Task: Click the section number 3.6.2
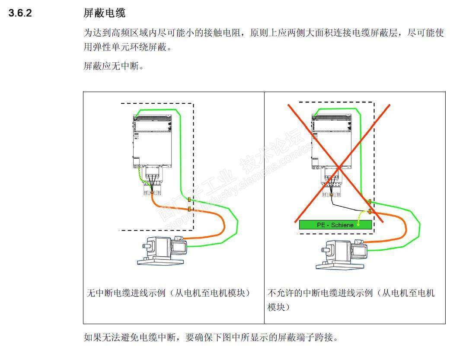(x=21, y=13)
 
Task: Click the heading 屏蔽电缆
(x=104, y=13)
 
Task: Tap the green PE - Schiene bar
(x=335, y=225)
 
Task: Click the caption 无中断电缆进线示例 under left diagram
(x=169, y=293)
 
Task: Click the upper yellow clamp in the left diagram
(x=189, y=200)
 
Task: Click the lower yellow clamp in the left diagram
(x=189, y=210)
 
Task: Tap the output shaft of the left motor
(x=145, y=246)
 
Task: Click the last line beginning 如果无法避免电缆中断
(x=210, y=337)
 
